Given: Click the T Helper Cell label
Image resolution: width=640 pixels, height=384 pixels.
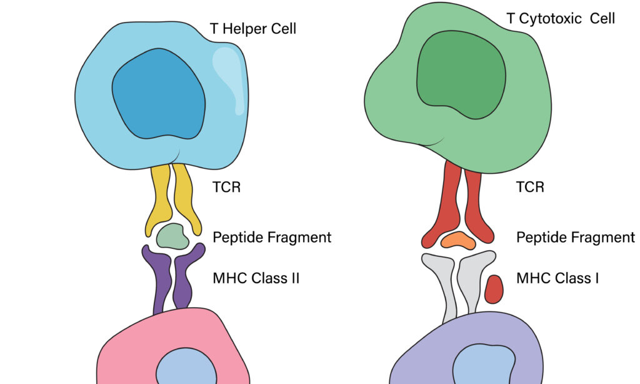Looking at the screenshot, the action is (x=253, y=29).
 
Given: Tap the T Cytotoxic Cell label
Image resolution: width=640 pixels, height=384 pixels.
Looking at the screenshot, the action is (x=561, y=18).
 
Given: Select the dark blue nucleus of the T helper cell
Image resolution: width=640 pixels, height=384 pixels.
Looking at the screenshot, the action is (x=159, y=94).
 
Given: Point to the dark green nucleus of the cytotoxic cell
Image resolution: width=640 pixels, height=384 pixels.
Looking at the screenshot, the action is (x=461, y=75).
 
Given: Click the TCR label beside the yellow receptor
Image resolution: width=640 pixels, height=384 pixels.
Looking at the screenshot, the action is (x=226, y=187).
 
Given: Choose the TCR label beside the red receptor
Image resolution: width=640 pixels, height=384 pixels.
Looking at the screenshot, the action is (x=530, y=187).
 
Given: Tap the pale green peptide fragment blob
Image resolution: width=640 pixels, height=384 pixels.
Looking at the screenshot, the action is (x=172, y=236).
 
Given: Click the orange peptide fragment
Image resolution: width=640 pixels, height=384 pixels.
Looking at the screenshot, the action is (x=458, y=241).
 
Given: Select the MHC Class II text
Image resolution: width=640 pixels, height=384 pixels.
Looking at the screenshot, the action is (x=256, y=278).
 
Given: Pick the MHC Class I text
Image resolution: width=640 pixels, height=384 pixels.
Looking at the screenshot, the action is (x=557, y=278).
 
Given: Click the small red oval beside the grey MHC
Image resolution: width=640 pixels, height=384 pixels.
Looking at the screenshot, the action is (x=494, y=289).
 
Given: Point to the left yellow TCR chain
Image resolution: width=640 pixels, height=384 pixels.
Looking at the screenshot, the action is (x=157, y=200).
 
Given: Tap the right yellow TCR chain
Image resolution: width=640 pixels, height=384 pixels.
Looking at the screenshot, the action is (x=186, y=200).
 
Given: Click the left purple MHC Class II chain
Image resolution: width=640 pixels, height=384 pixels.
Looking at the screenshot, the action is (x=158, y=278).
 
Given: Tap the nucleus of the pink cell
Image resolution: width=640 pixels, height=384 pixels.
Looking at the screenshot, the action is (x=186, y=368).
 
